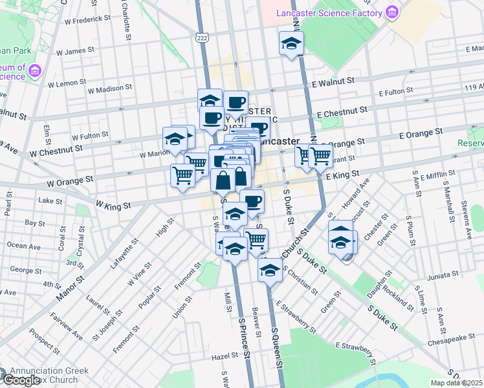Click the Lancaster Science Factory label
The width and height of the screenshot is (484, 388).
(329, 13)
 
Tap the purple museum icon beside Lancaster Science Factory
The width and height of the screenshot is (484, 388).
(391, 12)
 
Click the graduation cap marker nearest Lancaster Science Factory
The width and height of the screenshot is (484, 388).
(291, 44)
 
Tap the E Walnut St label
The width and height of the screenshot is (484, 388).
(333, 82)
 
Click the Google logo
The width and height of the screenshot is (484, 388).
(21, 380)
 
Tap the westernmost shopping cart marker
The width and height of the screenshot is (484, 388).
(183, 175)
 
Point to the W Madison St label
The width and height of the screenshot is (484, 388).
(109, 88)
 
